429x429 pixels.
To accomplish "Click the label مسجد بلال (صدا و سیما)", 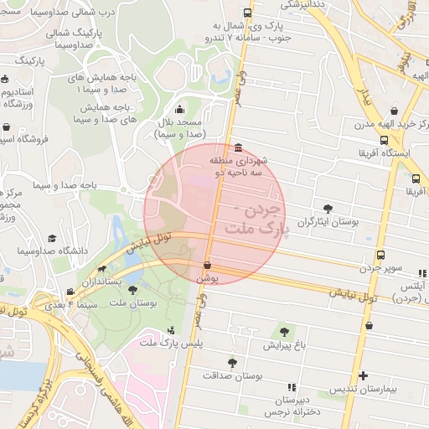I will [182, 128].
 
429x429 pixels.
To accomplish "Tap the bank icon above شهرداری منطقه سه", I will [239, 147].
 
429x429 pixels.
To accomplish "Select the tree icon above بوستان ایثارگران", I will [327, 209].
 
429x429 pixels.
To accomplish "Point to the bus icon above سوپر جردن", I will [381, 255].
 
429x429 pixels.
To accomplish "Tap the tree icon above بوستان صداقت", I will [231, 363].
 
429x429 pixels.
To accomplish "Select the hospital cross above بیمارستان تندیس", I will [362, 375].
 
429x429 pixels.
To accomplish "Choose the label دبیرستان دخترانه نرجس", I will [291, 406].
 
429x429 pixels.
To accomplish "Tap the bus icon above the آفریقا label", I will [416, 178].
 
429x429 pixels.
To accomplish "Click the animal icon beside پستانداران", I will [101, 270].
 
